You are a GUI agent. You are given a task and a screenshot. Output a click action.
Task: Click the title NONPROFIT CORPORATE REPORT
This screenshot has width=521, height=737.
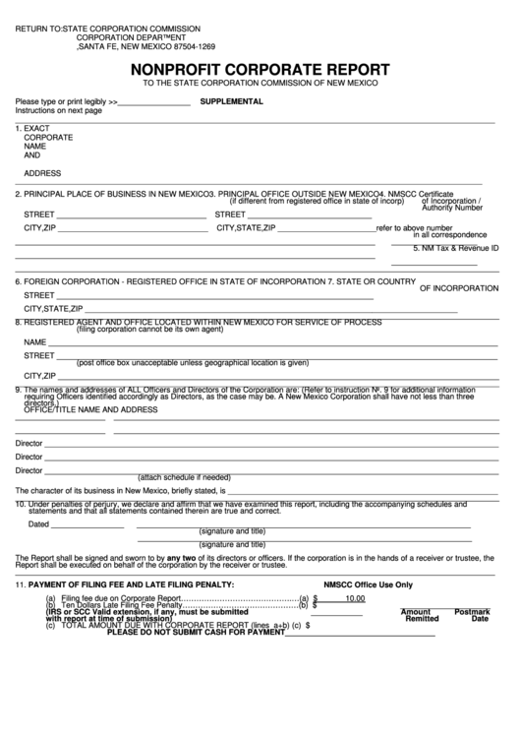[260, 70]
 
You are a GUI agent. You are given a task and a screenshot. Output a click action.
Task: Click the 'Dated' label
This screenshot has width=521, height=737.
[38, 523]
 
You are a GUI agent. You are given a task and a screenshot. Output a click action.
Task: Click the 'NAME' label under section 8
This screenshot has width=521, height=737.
[36, 341]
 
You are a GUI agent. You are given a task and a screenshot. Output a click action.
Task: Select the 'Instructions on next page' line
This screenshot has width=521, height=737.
[58, 111]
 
